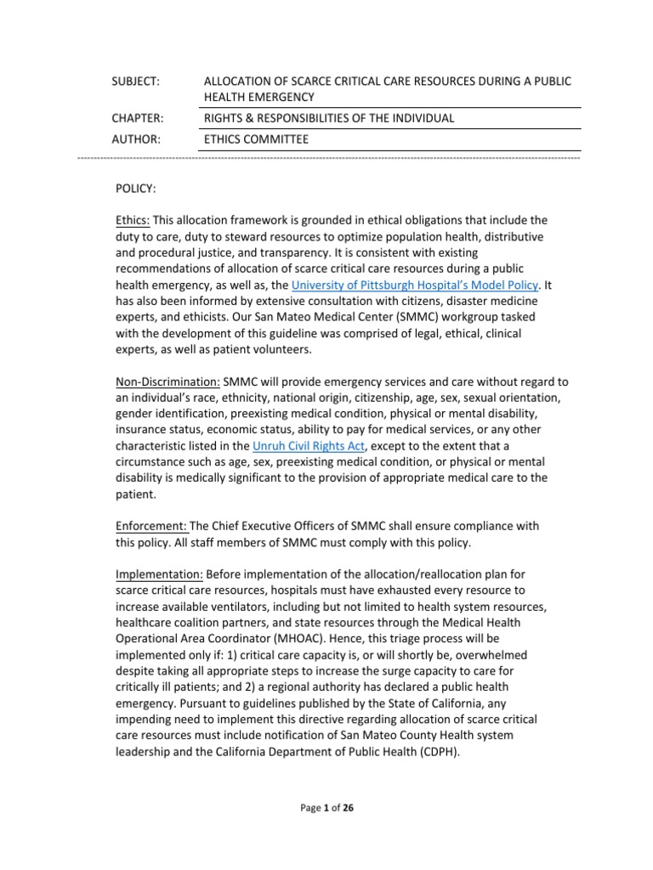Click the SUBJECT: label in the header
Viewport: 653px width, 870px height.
(137, 81)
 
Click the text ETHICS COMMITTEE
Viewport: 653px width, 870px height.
(256, 138)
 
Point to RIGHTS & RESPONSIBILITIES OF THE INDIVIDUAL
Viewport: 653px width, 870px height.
(329, 118)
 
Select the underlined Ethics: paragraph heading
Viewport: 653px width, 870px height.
(133, 220)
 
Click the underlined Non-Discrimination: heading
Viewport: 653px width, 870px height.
(168, 381)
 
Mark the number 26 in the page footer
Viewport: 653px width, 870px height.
(348, 808)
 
